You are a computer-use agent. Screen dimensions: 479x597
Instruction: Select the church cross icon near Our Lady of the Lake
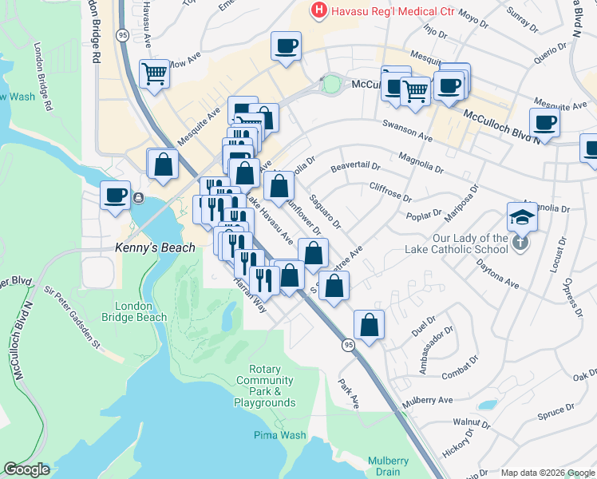[x=521, y=242]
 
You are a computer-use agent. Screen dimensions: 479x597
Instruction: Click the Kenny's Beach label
[x=155, y=247]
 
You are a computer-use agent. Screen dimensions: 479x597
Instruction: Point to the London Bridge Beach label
[x=140, y=311]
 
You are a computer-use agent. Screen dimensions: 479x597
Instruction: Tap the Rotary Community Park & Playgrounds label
[x=265, y=386]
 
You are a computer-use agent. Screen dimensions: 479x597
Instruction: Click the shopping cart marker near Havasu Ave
[x=154, y=73]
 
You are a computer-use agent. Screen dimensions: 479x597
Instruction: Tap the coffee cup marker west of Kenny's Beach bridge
[x=116, y=195]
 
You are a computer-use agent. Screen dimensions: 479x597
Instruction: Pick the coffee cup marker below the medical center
[x=286, y=45]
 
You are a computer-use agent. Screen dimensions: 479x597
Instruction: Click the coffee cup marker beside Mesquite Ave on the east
[x=544, y=122]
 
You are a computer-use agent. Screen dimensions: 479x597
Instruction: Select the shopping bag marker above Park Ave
[x=369, y=324]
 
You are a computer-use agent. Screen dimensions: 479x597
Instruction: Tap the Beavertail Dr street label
[x=355, y=168]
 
